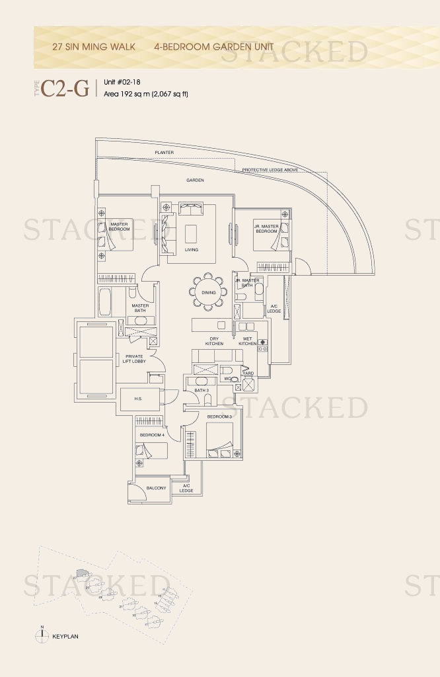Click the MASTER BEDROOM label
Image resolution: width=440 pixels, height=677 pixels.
[x=120, y=226]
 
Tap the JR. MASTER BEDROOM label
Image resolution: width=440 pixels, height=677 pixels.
[x=266, y=229]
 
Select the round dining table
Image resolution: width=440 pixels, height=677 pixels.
[x=209, y=292]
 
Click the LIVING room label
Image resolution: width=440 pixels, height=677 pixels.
[x=192, y=250]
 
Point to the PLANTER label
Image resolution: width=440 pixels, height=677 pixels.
[x=164, y=152]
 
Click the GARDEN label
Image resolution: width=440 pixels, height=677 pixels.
[x=195, y=180]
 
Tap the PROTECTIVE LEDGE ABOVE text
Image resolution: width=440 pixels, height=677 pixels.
[x=270, y=170]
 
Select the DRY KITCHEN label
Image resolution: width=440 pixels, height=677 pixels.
[x=214, y=341]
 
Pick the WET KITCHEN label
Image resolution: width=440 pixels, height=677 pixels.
[x=248, y=341]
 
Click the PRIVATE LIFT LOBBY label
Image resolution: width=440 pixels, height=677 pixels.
[x=135, y=359]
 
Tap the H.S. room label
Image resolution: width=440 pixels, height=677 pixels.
[x=139, y=399]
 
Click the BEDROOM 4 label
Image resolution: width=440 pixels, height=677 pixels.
[x=151, y=434]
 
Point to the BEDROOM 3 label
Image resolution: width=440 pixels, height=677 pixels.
[x=219, y=417]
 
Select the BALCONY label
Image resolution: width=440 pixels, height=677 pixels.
[x=156, y=488]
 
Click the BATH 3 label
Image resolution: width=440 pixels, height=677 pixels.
[x=202, y=391]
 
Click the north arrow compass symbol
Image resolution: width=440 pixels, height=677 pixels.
[x=42, y=635]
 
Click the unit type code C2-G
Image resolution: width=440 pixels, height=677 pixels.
[x=65, y=89]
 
